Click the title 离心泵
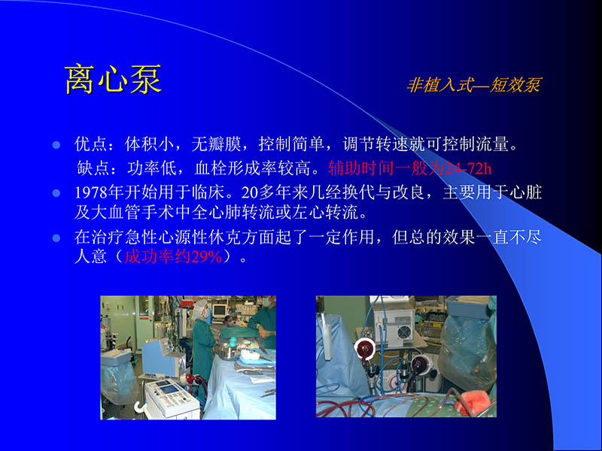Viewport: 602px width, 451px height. click(x=113, y=80)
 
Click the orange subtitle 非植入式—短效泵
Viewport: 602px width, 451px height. click(x=473, y=85)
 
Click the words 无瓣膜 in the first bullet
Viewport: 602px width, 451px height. click(x=214, y=143)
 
